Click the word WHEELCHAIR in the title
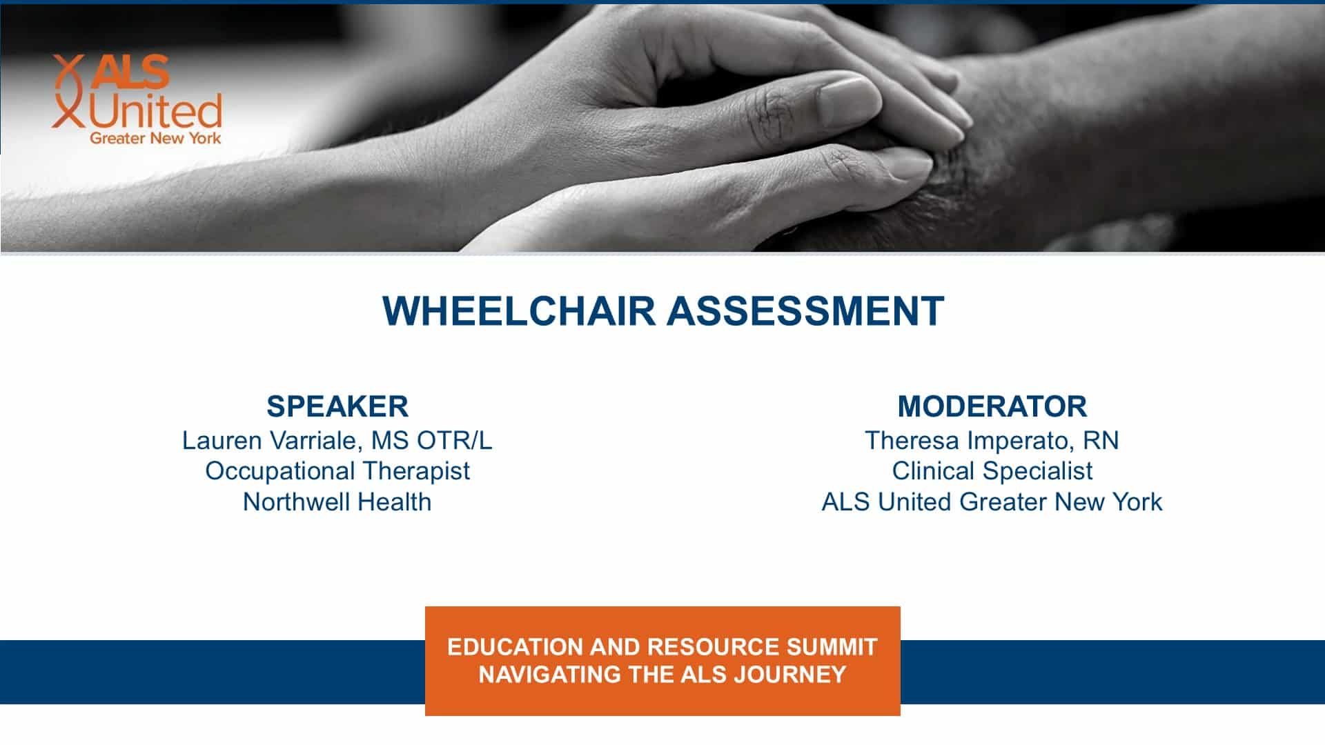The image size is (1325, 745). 518,310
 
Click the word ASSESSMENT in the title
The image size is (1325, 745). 805,310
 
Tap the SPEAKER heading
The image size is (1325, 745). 337,406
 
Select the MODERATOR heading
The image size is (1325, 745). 992,406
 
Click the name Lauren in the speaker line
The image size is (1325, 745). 222,440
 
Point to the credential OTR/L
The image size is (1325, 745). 455,440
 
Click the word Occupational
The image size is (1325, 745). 280,471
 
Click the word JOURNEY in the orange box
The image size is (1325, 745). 790,674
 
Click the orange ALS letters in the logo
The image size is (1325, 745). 131,72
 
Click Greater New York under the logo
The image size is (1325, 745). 155,139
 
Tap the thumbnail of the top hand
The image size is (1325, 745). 847,100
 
